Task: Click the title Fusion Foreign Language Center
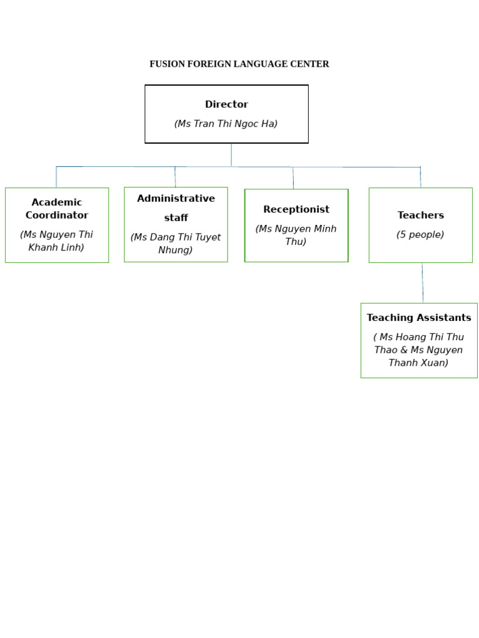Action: click(x=239, y=64)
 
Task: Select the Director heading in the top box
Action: click(x=226, y=105)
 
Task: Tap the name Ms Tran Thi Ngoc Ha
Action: click(x=226, y=124)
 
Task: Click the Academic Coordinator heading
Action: click(x=57, y=209)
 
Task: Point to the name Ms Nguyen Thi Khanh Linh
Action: click(x=57, y=241)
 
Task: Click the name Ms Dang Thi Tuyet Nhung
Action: click(x=176, y=244)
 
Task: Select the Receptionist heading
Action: click(x=296, y=209)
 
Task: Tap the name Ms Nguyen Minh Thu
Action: click(x=296, y=235)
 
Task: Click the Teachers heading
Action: click(x=420, y=216)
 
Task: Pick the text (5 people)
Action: click(x=420, y=235)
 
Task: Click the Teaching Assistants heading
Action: click(x=419, y=318)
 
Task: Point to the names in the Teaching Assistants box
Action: click(x=419, y=350)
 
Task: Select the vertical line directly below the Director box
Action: click(x=231, y=155)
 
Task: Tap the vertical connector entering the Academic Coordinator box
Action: click(x=56, y=177)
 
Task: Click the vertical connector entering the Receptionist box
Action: click(x=293, y=178)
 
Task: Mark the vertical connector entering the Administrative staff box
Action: click(x=175, y=177)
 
